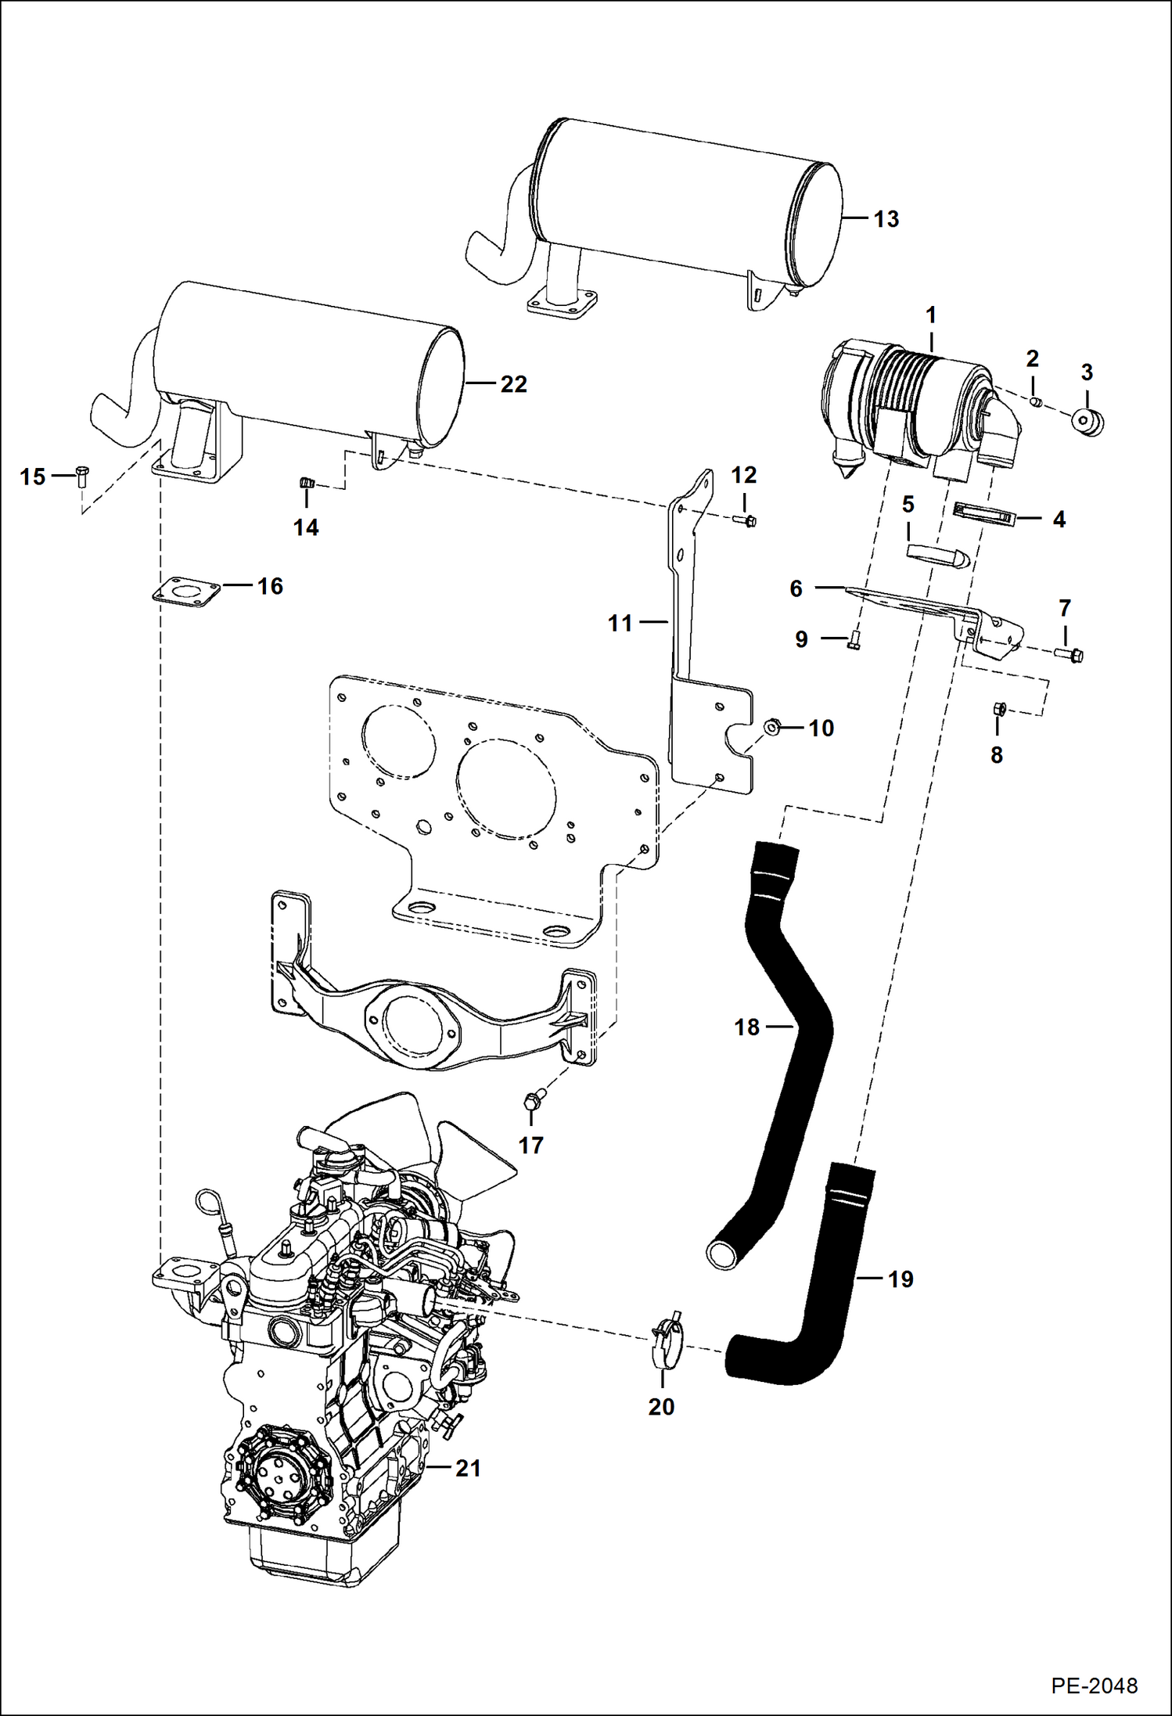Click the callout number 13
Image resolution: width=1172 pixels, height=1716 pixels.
pyautogui.click(x=886, y=219)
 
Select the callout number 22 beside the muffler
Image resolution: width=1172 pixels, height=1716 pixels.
pyautogui.click(x=513, y=384)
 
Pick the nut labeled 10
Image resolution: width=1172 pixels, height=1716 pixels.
pyautogui.click(x=771, y=727)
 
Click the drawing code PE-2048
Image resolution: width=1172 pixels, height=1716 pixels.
pyautogui.click(x=1094, y=1685)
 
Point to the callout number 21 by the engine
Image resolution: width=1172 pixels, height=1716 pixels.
pyautogui.click(x=468, y=1468)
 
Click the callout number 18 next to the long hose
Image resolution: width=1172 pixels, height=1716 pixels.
pyautogui.click(x=746, y=1027)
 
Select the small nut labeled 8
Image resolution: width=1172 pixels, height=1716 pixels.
pyautogui.click(x=998, y=709)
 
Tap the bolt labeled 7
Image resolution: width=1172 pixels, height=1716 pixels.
pyautogui.click(x=1070, y=653)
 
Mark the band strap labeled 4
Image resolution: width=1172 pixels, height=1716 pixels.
pyautogui.click(x=984, y=515)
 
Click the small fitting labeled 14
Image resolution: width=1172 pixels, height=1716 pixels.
pyautogui.click(x=307, y=484)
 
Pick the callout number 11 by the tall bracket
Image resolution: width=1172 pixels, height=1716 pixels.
pyautogui.click(x=620, y=624)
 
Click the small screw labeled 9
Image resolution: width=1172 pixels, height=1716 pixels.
pyautogui.click(x=854, y=643)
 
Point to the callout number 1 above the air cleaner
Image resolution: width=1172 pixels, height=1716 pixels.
pyautogui.click(x=930, y=315)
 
